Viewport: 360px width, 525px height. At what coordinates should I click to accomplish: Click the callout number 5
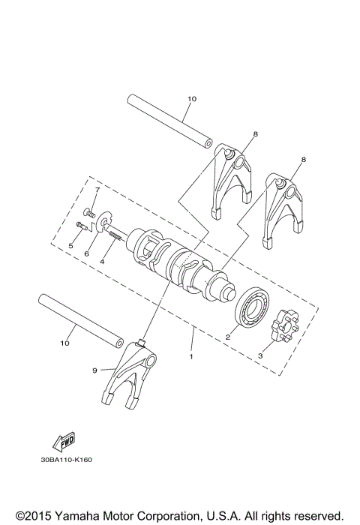70,244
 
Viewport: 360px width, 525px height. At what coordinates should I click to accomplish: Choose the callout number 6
85,254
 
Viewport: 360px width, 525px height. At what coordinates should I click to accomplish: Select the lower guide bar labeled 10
81,319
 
